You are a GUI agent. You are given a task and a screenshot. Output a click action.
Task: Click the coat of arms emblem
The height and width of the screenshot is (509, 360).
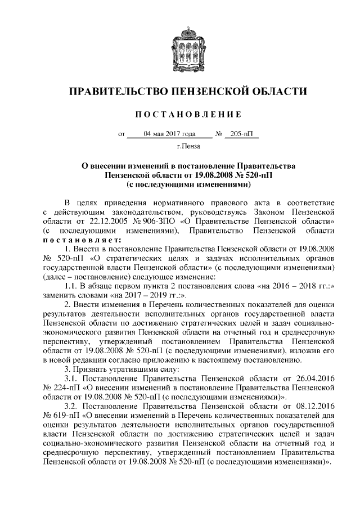[180, 47]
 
